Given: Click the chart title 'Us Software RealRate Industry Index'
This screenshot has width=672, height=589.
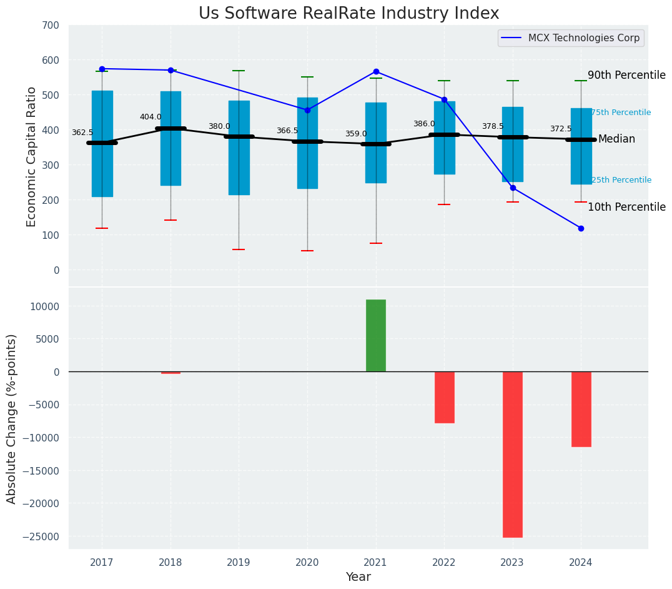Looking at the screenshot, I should pos(348,14).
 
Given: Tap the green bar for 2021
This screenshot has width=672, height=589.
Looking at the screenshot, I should pos(376,336).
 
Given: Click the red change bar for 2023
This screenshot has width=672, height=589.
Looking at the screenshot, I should pos(513,454).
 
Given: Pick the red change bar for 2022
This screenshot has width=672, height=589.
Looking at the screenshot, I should pos(444,397).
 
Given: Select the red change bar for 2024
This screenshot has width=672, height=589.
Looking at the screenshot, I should pos(581,409).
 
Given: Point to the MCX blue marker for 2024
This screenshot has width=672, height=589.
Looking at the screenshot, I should pos(581,228).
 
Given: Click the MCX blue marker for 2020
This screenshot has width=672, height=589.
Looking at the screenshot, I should pos(307,110).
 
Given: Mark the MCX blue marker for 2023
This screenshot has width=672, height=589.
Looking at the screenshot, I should pos(513,188).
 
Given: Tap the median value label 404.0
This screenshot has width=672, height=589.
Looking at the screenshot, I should pos(151,117).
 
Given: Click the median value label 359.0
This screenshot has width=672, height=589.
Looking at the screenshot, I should pos(356,134).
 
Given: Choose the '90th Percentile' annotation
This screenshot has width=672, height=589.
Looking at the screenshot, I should pos(626,75).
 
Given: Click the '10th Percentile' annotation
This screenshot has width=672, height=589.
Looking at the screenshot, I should pos(626,207).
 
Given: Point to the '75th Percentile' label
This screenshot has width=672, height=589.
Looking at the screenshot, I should pos(621,113).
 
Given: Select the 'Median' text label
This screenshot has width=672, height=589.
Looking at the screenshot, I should pos(616,139).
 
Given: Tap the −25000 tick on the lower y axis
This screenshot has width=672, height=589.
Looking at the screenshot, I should pos(41,536).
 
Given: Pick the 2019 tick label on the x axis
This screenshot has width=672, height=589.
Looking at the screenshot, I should pos(239,563).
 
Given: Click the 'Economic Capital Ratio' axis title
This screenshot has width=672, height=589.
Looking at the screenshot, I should pos(32,156).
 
